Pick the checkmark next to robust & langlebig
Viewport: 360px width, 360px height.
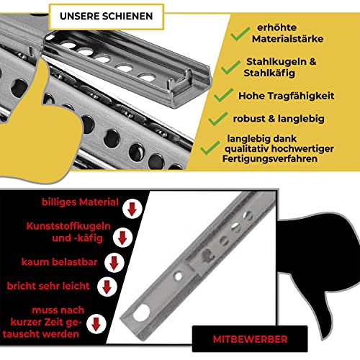pos(217,117)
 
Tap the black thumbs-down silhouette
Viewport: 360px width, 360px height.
pos(328,259)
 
